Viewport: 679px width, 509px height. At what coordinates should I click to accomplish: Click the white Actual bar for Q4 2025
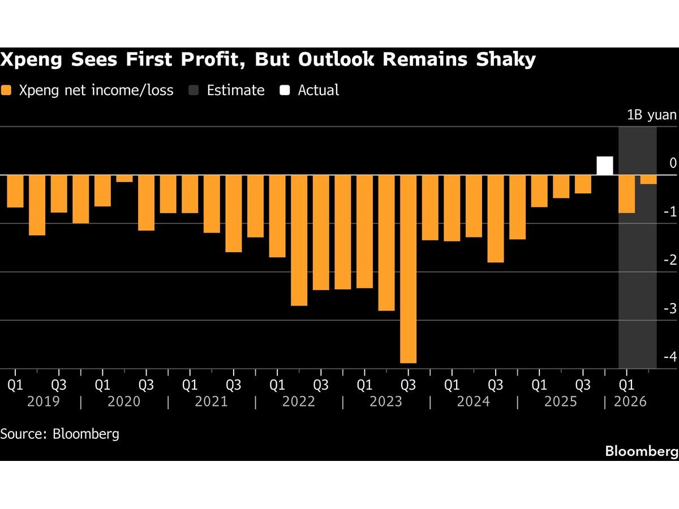(605, 166)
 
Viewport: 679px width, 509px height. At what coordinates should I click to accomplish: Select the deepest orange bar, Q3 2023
(408, 269)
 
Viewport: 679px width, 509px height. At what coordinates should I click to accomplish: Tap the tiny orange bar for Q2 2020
(124, 179)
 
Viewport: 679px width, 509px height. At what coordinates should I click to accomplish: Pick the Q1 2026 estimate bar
(626, 194)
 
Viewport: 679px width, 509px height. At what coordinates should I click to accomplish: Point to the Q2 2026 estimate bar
(648, 180)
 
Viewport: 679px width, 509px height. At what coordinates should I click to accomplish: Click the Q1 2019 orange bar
(15, 191)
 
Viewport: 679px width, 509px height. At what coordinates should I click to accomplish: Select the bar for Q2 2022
(299, 240)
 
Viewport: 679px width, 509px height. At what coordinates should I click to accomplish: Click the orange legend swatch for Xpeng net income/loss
(6, 90)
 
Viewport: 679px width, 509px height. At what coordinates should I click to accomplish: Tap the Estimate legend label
(235, 90)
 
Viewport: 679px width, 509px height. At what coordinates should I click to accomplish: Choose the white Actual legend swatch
(286, 90)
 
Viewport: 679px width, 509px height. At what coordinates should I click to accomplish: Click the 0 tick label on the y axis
(673, 163)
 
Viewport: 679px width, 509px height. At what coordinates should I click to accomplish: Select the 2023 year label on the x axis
(386, 402)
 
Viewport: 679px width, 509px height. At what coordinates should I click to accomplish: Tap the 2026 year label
(630, 402)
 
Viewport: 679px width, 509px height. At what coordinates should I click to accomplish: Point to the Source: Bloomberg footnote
(60, 434)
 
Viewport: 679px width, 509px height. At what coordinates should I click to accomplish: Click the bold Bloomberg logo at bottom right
(641, 451)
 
